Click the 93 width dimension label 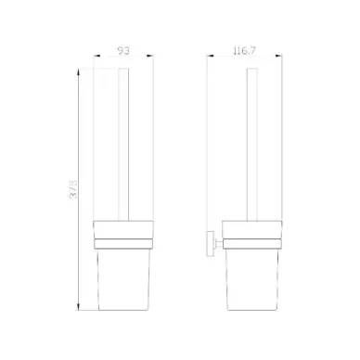[x=123, y=50]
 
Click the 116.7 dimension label [x=244, y=51]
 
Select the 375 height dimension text [x=73, y=188]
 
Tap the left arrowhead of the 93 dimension [x=96, y=56]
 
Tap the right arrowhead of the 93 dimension [x=149, y=56]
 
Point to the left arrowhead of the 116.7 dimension [x=211, y=56]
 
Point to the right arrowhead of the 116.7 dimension [x=278, y=56]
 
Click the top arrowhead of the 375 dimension [x=79, y=72]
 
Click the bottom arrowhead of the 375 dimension [x=79, y=306]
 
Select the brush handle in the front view [x=123, y=145]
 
